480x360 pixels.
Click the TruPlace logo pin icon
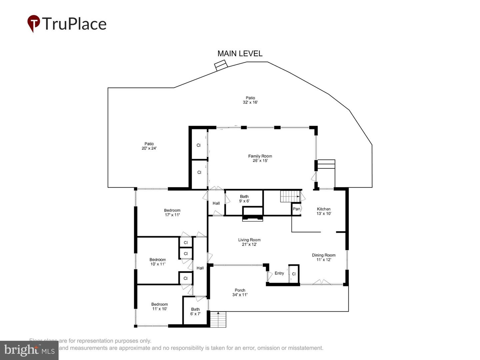[x=33, y=24]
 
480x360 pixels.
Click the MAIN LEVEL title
[x=240, y=53]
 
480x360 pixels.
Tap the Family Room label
[x=260, y=158]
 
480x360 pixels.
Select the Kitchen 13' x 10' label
[x=324, y=211]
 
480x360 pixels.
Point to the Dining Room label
[x=324, y=257]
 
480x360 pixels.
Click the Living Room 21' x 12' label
[x=249, y=242]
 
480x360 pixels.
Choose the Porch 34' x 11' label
[x=240, y=292]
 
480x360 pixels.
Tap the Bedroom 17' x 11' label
[x=172, y=213]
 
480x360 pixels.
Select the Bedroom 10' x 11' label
[x=158, y=262]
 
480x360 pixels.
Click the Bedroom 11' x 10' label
[x=159, y=306]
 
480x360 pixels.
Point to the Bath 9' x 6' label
[x=244, y=199]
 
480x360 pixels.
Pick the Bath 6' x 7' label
[x=195, y=311]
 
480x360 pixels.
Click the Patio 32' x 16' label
[x=250, y=100]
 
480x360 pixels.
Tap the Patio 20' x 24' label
[x=149, y=146]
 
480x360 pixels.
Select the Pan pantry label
[x=296, y=209]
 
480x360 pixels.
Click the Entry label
[x=279, y=273]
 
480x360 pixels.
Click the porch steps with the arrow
[x=218, y=319]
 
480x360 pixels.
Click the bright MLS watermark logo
[x=29, y=350]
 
